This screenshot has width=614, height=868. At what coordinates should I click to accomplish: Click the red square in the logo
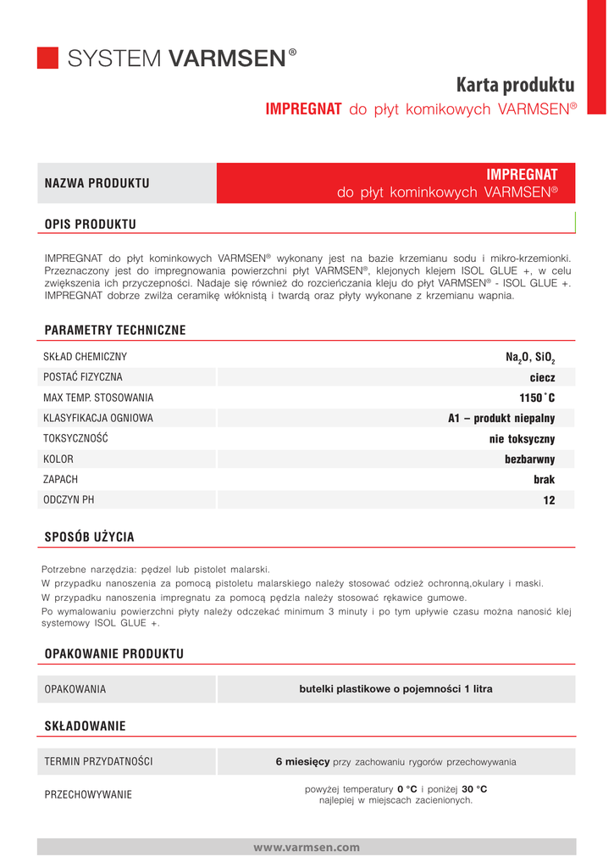(47, 58)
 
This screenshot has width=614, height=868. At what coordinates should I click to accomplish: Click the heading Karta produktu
(515, 86)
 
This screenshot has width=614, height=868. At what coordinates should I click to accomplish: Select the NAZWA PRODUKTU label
(97, 183)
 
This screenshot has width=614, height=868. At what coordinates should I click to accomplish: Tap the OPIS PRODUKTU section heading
(90, 224)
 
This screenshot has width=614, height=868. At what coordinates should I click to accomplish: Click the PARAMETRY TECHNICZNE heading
(114, 330)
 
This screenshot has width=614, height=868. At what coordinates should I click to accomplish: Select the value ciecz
(542, 377)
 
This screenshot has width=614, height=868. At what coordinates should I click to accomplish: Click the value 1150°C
(537, 398)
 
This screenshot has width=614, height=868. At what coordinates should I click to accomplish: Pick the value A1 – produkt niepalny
(501, 418)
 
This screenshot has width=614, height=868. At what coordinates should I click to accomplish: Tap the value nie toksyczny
(522, 439)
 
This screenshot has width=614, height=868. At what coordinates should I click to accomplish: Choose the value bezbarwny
(529, 459)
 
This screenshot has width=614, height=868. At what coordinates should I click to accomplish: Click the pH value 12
(549, 501)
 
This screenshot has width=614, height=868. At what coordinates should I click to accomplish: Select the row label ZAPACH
(61, 480)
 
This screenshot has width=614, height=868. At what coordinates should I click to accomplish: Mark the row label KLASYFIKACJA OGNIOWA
(98, 418)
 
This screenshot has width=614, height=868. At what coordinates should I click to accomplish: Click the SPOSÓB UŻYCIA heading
(89, 537)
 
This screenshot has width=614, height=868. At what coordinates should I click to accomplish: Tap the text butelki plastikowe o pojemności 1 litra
(396, 689)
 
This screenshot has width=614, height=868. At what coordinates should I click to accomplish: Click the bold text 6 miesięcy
(302, 762)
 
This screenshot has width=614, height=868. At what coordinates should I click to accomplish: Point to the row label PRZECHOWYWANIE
(88, 794)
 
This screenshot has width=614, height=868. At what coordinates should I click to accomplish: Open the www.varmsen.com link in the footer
(307, 847)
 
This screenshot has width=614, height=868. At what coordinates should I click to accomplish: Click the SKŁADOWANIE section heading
(85, 726)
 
